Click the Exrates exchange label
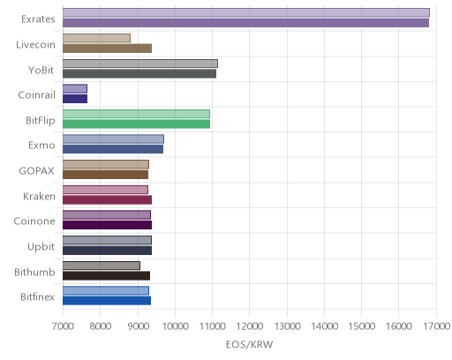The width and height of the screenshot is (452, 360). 38,19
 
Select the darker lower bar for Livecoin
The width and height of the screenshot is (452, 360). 107,49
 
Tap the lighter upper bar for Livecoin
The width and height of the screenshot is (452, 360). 96,38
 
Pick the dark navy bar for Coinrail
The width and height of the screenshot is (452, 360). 75,99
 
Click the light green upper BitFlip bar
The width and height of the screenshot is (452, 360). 136,114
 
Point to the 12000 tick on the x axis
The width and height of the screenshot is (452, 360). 250,326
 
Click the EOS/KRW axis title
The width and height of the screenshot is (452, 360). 250,344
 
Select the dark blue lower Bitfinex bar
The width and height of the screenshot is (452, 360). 107,301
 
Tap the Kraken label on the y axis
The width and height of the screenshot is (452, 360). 39,196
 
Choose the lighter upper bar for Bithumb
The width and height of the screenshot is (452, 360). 102,266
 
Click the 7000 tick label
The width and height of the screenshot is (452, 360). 63,326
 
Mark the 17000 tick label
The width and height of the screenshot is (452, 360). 437,326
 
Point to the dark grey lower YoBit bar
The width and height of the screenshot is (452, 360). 139,73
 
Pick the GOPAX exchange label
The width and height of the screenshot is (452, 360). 36,171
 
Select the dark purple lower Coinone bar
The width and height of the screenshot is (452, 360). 107,225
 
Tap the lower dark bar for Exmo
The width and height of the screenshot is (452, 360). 113,149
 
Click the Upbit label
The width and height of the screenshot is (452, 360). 41,247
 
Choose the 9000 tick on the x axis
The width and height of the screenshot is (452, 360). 138,326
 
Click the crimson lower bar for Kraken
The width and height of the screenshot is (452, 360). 107,199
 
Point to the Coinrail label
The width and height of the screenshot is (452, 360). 36,95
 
